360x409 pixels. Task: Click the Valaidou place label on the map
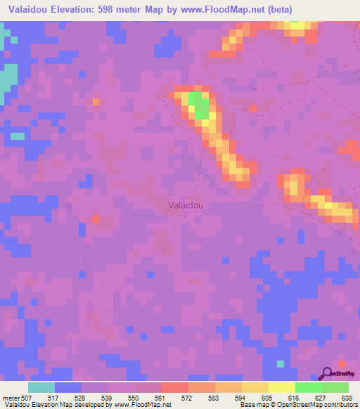tap(186, 205)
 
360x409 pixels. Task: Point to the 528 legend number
tap(81, 398)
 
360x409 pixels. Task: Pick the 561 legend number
tap(161, 398)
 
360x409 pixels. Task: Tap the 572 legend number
tap(188, 398)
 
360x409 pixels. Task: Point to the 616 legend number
tap(295, 398)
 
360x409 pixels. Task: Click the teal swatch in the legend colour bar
tap(41, 387)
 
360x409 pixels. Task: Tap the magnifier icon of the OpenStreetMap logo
tap(326, 374)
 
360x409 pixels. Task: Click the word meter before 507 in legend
tap(11, 398)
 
